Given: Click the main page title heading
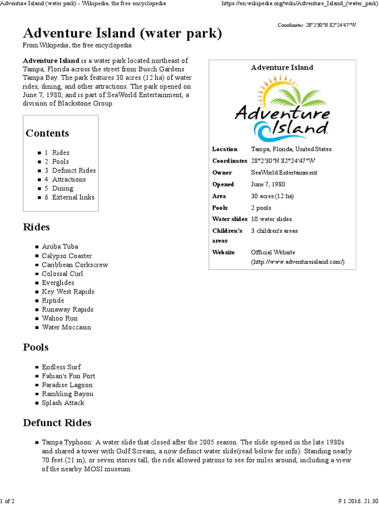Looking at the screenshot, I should pos(122,34).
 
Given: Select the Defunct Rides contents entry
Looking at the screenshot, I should pos(74,171).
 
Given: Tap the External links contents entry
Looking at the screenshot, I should pos(73,197).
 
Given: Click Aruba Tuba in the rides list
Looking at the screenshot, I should pos(60,247).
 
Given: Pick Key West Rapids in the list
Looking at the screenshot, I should pos(68,291).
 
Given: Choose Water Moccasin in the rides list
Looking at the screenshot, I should pos(66,327).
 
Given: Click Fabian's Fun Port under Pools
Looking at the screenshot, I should pos(68,376).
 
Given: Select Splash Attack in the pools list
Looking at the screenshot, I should pos(63,403).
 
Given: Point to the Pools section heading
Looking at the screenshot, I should pos(36,347).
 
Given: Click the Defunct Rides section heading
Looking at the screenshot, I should pos(57,423).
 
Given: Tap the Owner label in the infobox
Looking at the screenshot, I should pos(222,173).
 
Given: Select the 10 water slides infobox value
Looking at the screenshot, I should pos(271,219).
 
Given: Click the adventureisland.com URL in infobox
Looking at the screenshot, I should pos(298,262).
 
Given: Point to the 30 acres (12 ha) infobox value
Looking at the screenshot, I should pos(272,196).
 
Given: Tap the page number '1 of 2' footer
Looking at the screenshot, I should pos(7,501).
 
